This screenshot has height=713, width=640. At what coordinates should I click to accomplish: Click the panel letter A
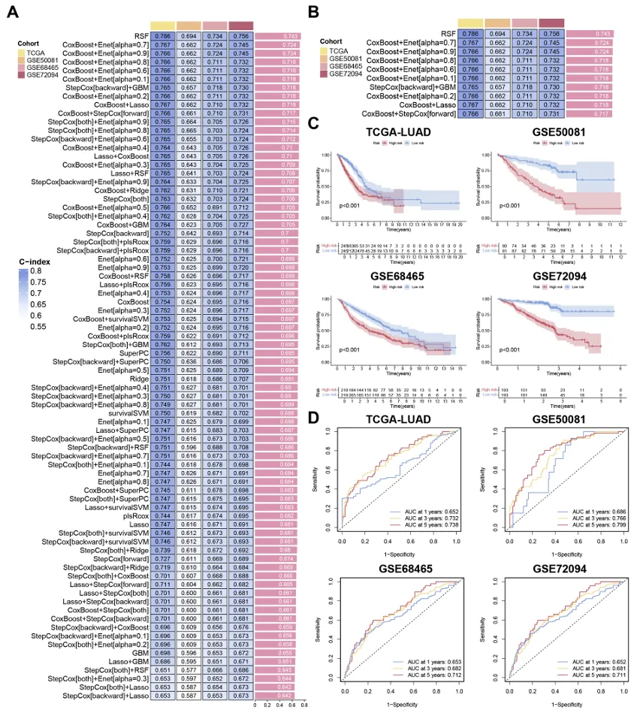pyautogui.click(x=13, y=12)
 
